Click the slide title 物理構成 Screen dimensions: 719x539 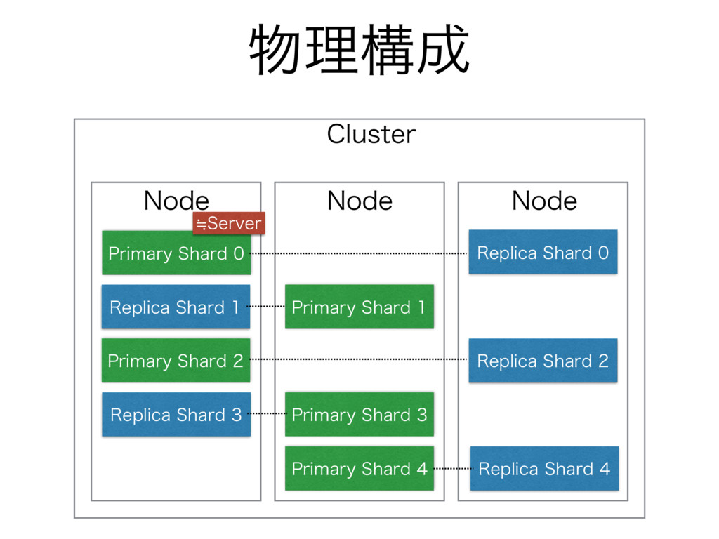click(x=359, y=50)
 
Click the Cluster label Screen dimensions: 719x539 click(x=371, y=134)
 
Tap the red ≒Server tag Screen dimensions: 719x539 click(x=229, y=223)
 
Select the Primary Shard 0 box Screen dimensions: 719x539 click(x=176, y=253)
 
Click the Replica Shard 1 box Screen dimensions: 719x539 click(x=176, y=307)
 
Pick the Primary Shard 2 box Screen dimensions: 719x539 click(x=176, y=360)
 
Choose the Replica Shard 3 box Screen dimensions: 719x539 click(x=176, y=414)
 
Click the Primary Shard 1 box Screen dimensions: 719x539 click(x=359, y=307)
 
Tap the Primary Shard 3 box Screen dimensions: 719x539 click(x=359, y=414)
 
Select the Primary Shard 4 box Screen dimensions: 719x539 click(x=359, y=468)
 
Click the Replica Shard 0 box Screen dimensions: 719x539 click(x=543, y=252)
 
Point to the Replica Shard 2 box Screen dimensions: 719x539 click(x=543, y=360)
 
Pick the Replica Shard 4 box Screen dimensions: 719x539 click(x=544, y=468)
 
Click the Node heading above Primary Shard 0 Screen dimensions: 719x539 click(x=176, y=201)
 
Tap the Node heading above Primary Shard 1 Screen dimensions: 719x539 click(x=359, y=201)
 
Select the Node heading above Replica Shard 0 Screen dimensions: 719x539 click(x=544, y=201)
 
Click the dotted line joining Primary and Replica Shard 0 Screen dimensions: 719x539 click(x=359, y=253)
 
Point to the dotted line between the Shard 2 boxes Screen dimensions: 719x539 click(x=359, y=359)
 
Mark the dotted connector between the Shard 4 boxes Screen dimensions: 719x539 click(x=452, y=468)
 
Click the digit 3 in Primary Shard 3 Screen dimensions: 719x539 click(x=422, y=414)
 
